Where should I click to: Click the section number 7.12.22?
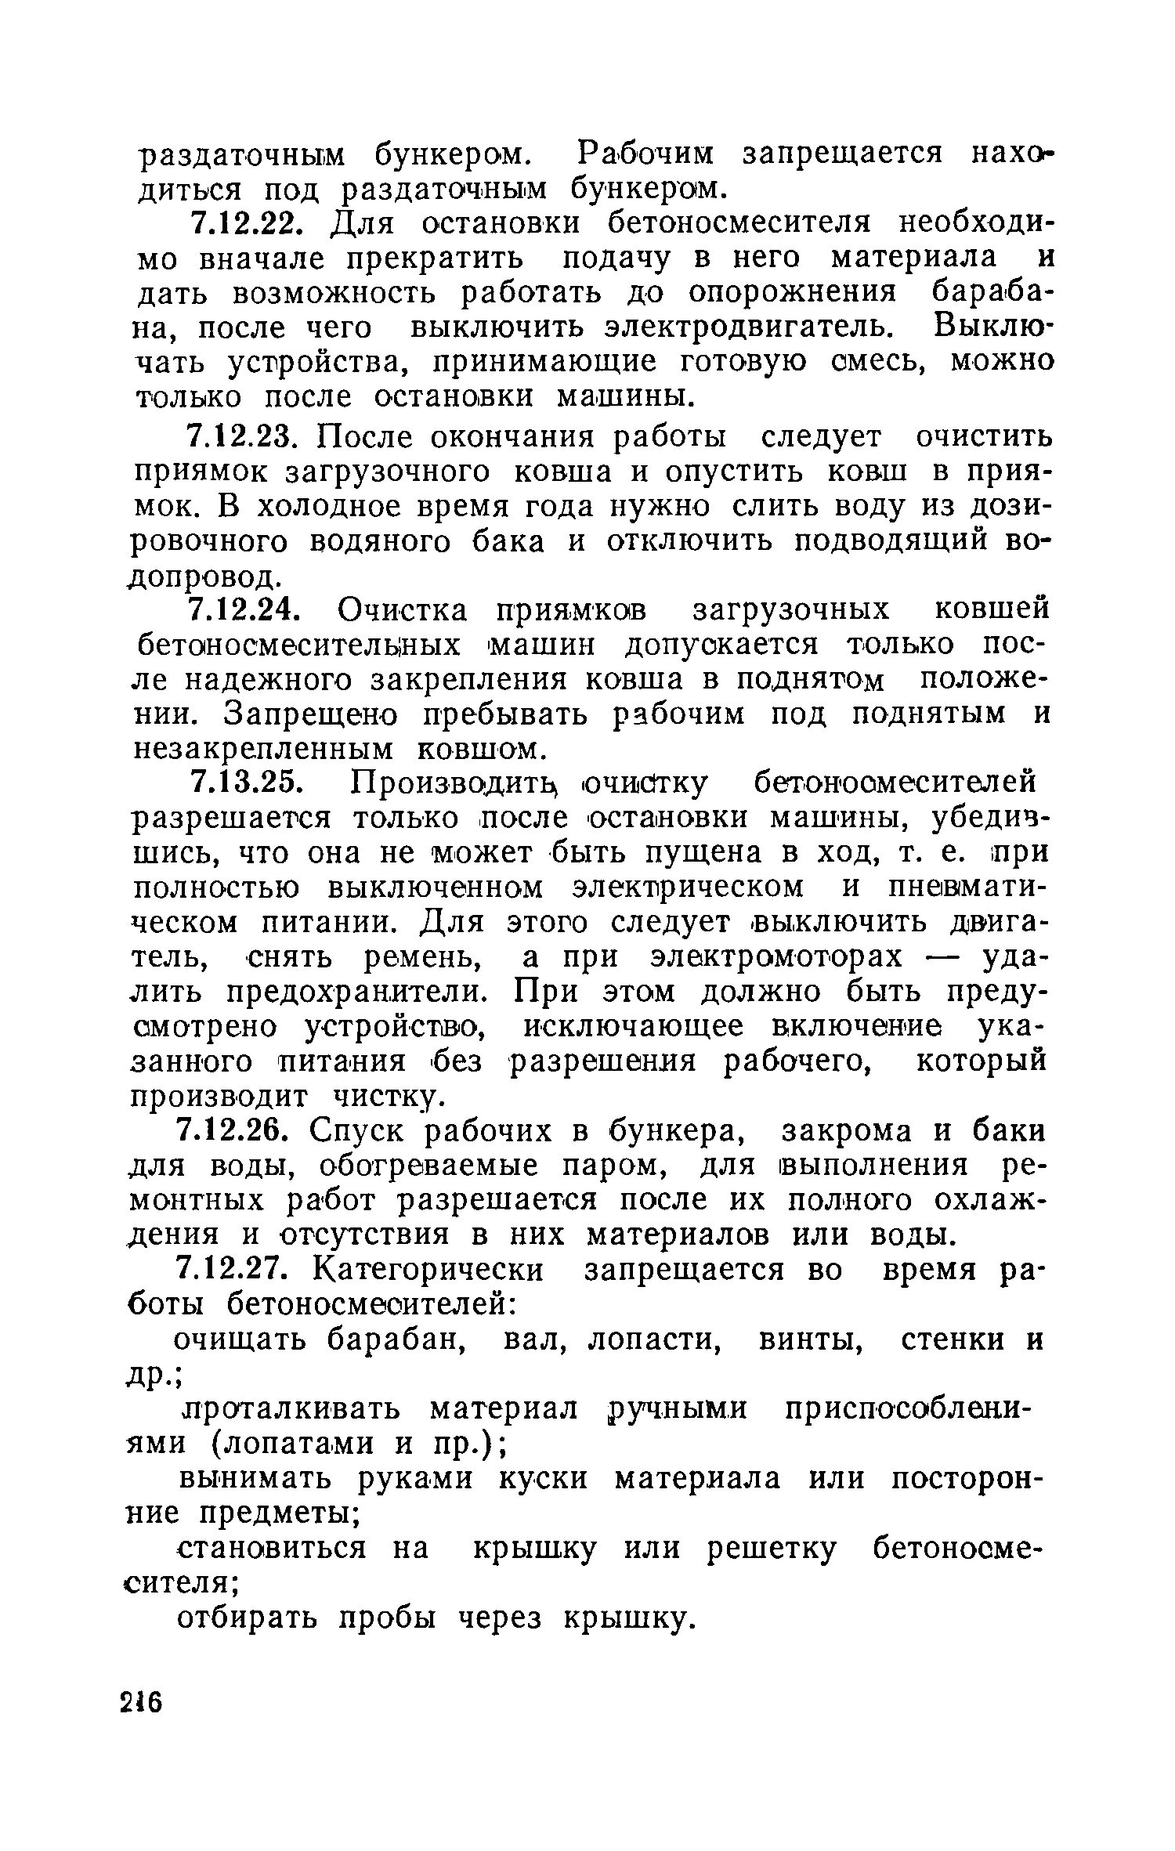pyautogui.click(x=244, y=224)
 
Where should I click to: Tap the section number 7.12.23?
pyautogui.click(x=244, y=436)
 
